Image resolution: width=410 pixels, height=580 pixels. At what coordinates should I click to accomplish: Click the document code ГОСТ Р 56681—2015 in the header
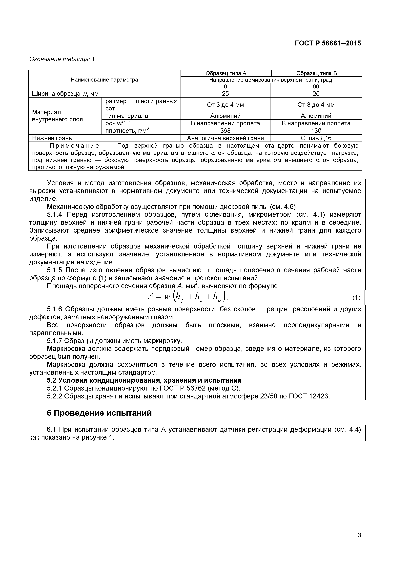328,43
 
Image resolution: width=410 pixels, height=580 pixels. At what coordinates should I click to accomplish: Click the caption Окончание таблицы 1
62,59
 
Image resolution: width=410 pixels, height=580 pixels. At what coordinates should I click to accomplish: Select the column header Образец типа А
226,73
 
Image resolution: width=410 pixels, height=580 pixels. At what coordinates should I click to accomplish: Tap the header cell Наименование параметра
104,80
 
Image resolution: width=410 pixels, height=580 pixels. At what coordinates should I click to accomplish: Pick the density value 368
225,131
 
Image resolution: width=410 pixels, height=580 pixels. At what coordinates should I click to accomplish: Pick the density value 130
316,131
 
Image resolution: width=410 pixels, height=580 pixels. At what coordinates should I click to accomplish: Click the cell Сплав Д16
316,138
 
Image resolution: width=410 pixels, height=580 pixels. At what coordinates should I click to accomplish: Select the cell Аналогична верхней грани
225,138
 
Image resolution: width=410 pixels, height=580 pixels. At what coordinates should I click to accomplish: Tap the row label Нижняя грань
52,138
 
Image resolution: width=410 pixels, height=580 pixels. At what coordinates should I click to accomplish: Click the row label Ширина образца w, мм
65,94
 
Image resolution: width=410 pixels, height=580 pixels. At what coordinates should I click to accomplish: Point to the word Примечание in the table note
74,146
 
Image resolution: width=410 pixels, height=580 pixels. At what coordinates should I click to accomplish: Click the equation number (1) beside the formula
356,298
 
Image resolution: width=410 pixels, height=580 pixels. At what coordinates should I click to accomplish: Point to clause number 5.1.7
54,341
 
